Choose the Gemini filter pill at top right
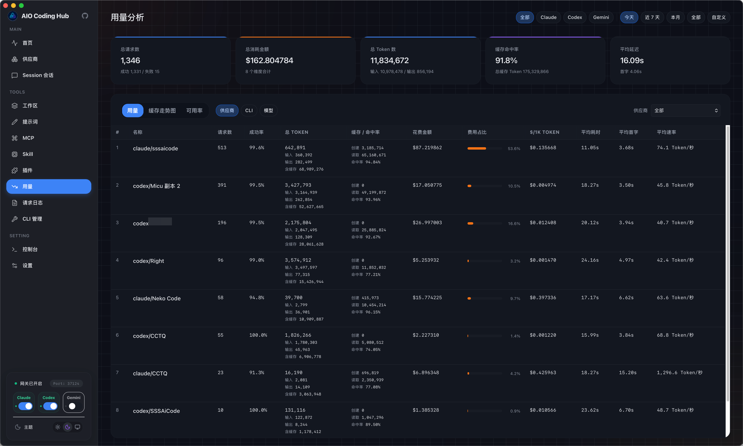pos(601,17)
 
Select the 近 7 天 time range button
pos(652,17)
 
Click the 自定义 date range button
pos(719,17)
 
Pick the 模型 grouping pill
pos(268,111)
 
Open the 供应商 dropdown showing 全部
pos(685,111)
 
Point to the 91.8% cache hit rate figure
pos(506,60)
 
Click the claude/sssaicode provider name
pos(156,148)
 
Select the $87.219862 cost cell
pos(427,148)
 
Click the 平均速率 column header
pos(666,132)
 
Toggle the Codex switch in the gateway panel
pos(50,406)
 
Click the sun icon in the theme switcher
pos(58,427)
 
